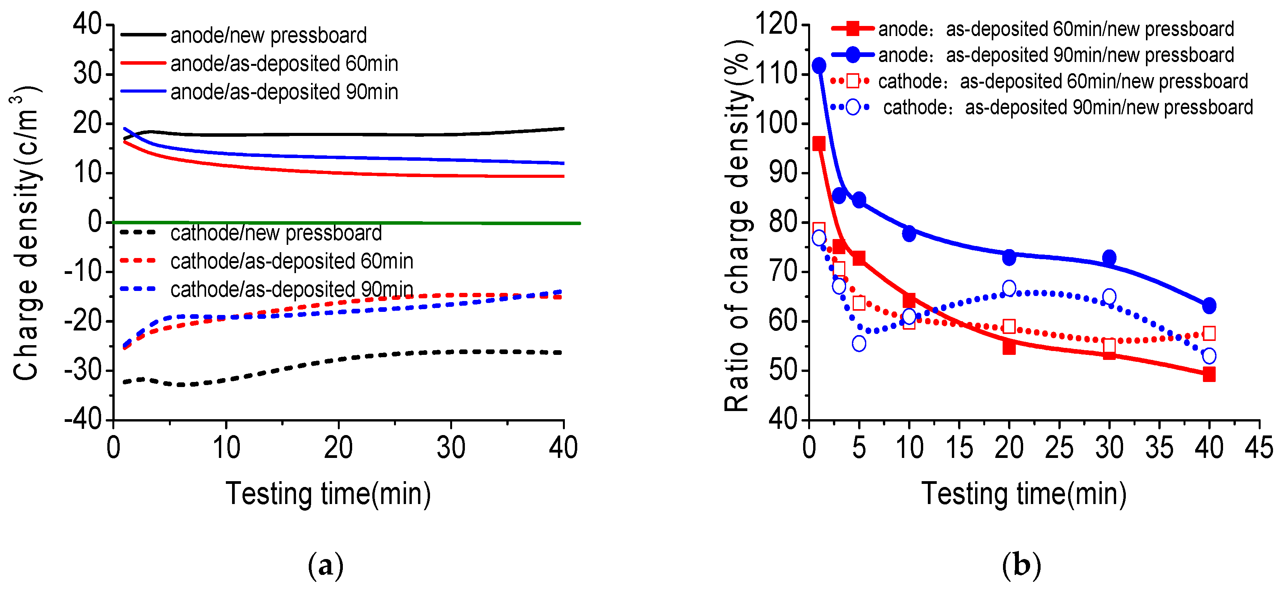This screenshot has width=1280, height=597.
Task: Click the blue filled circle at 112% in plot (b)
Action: (819, 65)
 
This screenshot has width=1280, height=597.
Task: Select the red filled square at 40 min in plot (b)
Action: (1209, 374)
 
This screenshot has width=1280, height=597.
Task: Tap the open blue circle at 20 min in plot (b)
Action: (1009, 288)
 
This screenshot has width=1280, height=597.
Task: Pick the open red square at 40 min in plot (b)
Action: (1209, 333)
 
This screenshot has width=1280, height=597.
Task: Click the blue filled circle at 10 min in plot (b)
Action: (909, 234)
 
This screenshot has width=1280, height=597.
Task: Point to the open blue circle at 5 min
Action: (858, 344)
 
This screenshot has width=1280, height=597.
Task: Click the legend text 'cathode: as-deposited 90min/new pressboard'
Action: (1068, 107)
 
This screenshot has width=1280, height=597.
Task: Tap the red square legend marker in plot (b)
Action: (853, 28)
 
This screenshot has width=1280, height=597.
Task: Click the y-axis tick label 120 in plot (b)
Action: (776, 24)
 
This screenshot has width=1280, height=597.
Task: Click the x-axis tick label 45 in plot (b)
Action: (1259, 447)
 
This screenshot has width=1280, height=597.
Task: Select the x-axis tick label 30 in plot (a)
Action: (451, 447)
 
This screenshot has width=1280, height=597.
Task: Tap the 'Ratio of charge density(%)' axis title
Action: (737, 226)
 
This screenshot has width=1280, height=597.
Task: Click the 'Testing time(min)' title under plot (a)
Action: (328, 494)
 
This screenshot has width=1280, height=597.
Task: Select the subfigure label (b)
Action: (1021, 566)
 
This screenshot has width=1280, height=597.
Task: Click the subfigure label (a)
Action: (325, 566)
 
